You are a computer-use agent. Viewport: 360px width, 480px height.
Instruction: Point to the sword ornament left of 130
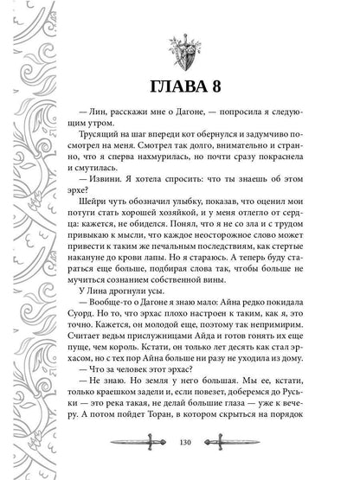coord(148,462)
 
